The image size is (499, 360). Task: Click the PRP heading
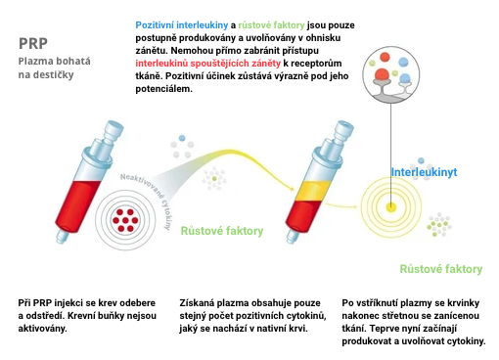[33, 43]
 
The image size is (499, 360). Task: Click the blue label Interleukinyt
[424, 172]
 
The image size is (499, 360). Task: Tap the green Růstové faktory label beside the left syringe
[222, 231]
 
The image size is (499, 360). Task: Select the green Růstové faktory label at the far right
[441, 269]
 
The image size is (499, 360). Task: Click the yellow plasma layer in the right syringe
[313, 191]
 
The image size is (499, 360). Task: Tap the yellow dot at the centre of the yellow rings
[390, 207]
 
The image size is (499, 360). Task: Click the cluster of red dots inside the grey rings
[125, 220]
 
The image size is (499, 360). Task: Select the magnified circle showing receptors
[391, 74]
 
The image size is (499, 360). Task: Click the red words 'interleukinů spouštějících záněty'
[207, 64]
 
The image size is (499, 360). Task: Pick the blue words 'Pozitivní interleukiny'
[182, 25]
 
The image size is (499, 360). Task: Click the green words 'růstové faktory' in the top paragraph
[271, 25]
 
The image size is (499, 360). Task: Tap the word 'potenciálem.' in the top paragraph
[164, 89]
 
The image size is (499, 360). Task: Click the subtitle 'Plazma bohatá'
[55, 61]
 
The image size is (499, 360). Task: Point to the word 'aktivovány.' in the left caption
[42, 329]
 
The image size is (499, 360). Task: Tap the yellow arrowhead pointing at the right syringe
[291, 188]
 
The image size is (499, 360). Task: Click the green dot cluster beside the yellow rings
[439, 225]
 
